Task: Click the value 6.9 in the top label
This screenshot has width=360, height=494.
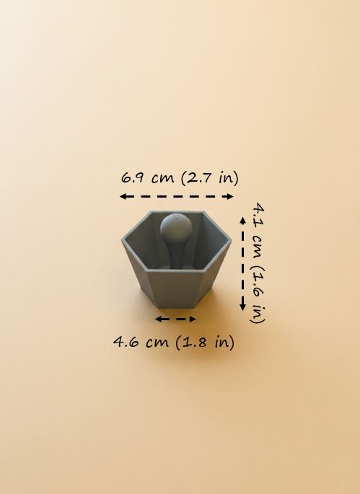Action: pyautogui.click(x=133, y=177)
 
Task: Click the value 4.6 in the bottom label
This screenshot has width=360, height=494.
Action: pyautogui.click(x=127, y=342)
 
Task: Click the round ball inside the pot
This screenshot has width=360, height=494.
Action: pyautogui.click(x=175, y=229)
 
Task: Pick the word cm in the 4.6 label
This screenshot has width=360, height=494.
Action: pyautogui.click(x=157, y=342)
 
